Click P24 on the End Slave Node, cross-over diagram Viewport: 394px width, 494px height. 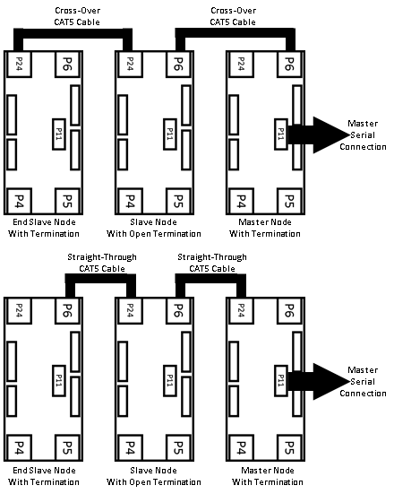[19, 64]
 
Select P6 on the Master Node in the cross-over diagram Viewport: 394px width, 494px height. [289, 64]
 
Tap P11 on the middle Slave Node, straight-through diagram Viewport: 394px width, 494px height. [170, 380]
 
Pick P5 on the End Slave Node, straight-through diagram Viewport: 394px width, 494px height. [67, 447]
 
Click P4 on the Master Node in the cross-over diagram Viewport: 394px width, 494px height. [242, 201]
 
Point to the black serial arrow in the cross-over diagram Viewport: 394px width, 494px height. [318, 134]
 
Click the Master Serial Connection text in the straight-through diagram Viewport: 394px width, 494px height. [363, 382]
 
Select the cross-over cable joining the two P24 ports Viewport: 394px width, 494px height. [73, 33]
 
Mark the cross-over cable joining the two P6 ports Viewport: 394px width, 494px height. [236, 33]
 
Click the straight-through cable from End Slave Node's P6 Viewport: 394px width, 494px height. [100, 279]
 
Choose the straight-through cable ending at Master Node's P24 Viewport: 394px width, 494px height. [210, 279]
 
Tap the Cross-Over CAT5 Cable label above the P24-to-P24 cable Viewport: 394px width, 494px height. [77, 16]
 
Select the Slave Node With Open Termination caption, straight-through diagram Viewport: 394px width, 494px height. [154, 476]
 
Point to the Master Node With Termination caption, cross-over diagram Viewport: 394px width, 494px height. [265, 228]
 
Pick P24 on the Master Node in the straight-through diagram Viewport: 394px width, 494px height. [242, 310]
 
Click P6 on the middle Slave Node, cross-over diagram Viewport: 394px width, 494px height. [178, 64]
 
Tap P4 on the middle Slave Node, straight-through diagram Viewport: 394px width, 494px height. [130, 447]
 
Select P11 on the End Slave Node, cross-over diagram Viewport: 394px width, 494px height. [59, 134]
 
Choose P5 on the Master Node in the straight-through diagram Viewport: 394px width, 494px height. [289, 447]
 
